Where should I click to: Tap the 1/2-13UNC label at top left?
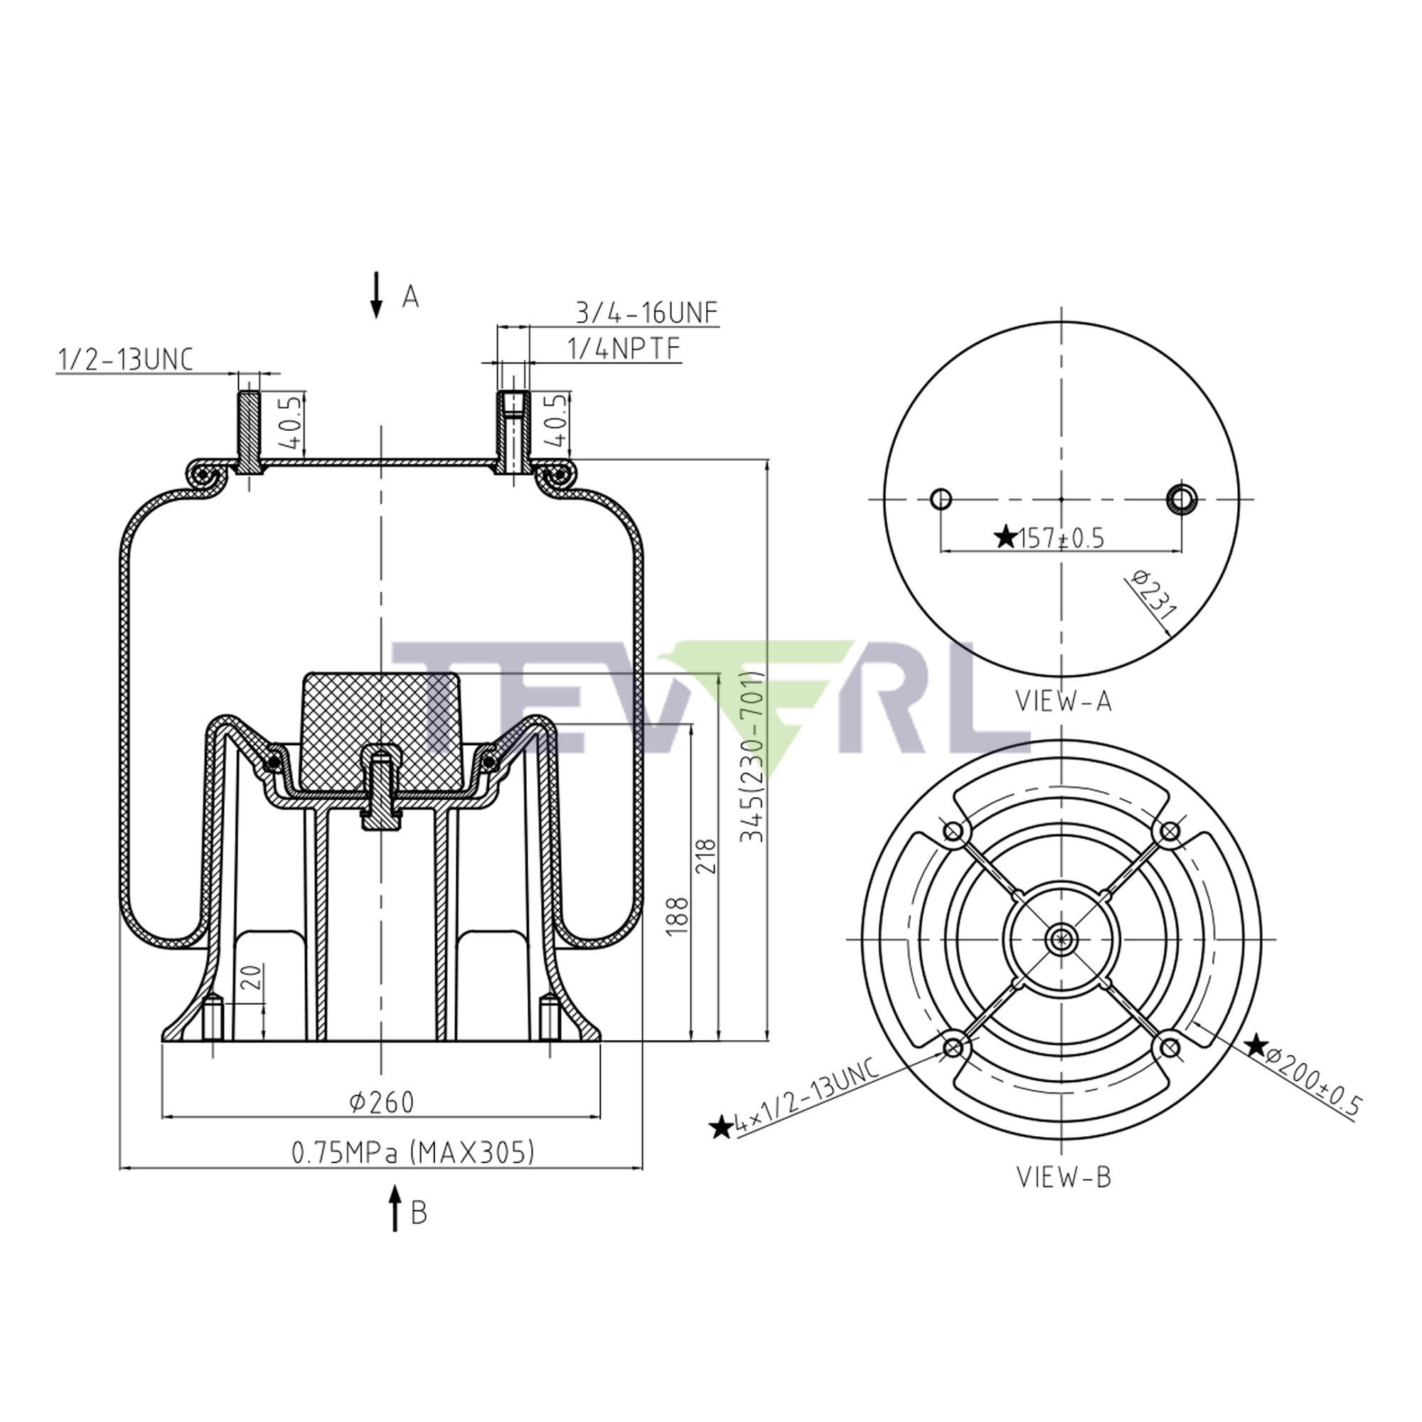point(125,360)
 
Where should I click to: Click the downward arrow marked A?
point(376,295)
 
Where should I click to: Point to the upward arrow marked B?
point(395,1208)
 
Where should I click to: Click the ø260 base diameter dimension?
point(381,1102)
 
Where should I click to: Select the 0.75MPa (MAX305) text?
point(412,1152)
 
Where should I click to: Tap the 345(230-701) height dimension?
point(752,758)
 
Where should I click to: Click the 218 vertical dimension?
point(706,855)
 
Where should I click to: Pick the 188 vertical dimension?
point(678,916)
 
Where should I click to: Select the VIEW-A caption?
point(1064,701)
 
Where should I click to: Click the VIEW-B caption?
point(1064,1177)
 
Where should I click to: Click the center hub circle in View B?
point(1062,939)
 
